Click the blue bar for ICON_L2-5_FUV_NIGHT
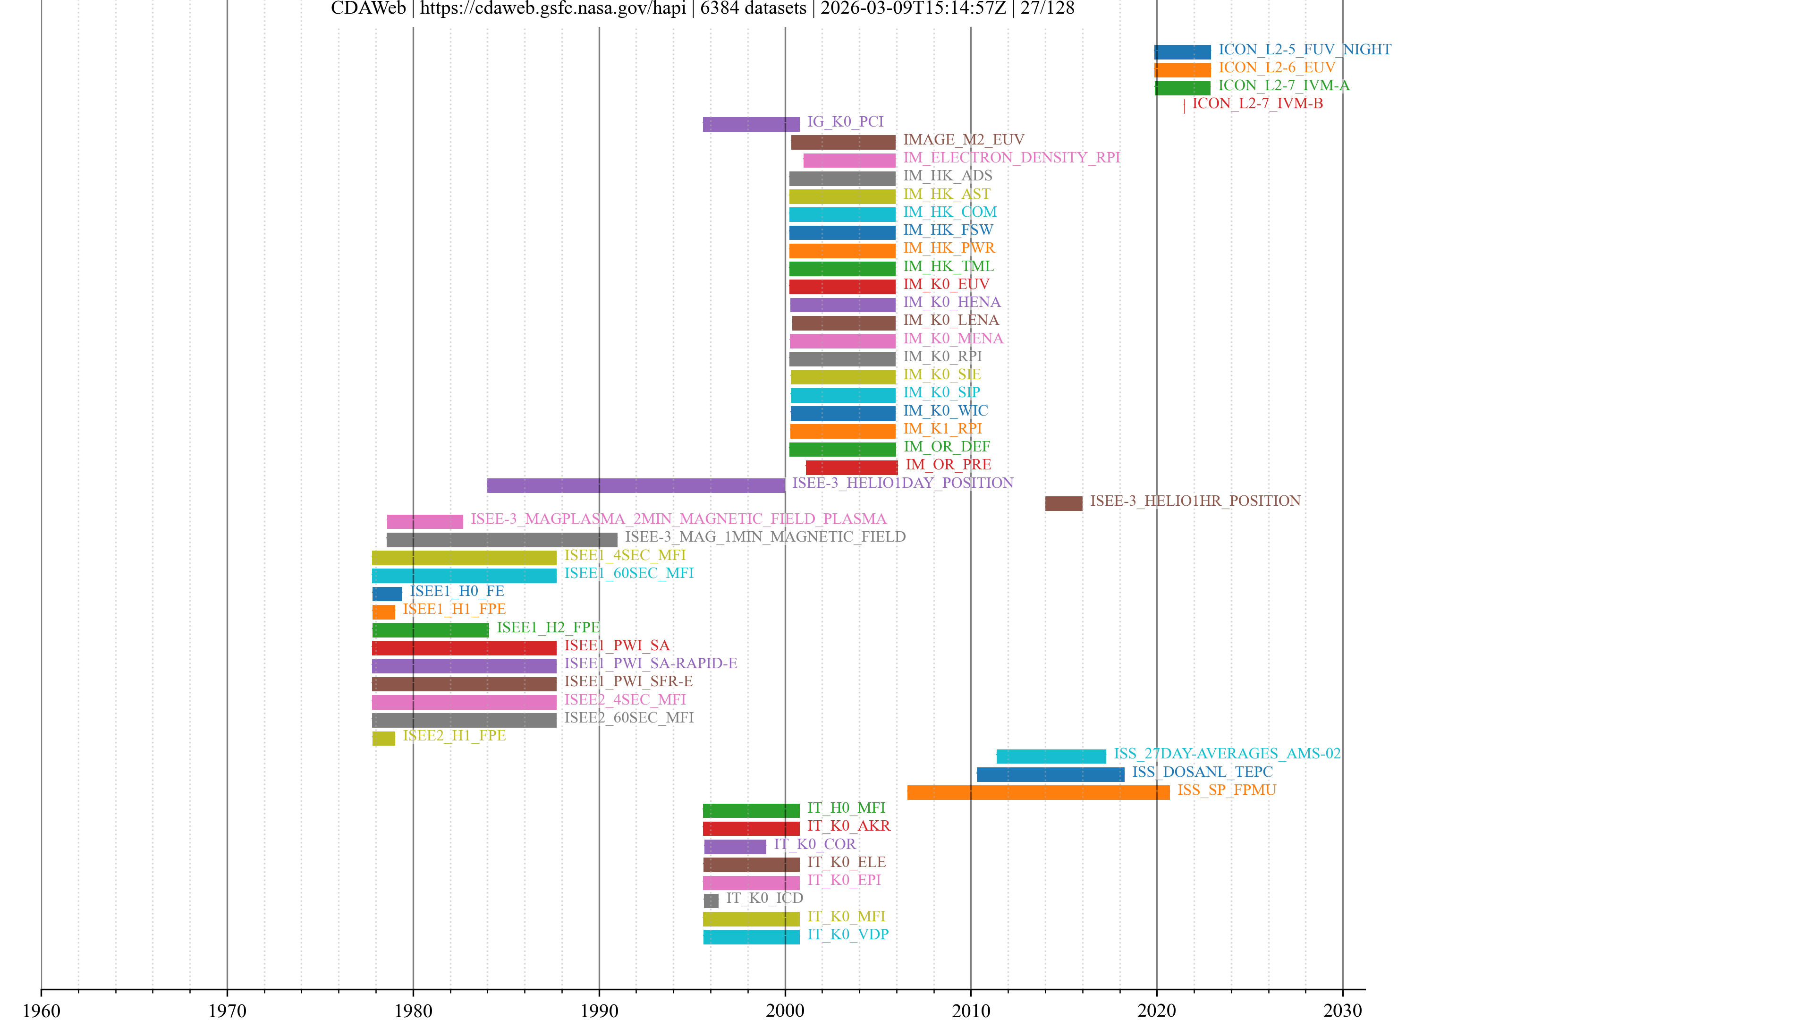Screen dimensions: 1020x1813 tap(1182, 51)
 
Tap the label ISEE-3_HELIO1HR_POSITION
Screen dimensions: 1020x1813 tap(1195, 501)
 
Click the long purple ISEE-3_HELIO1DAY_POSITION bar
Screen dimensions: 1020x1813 tap(635, 485)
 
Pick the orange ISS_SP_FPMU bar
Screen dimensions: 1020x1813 tap(1038, 792)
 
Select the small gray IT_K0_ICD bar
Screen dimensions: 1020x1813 tap(711, 901)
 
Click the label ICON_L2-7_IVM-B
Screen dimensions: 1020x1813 tap(1257, 103)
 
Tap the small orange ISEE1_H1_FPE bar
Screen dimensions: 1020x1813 tap(383, 612)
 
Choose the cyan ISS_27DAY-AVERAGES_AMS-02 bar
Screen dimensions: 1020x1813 tap(1051, 756)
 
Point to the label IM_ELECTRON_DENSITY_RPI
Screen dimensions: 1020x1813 tap(1011, 158)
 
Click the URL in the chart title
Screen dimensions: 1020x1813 tap(552, 8)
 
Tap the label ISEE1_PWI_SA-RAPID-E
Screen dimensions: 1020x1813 tap(650, 663)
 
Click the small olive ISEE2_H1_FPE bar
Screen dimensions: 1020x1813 tap(383, 738)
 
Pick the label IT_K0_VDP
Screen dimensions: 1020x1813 tap(847, 934)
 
